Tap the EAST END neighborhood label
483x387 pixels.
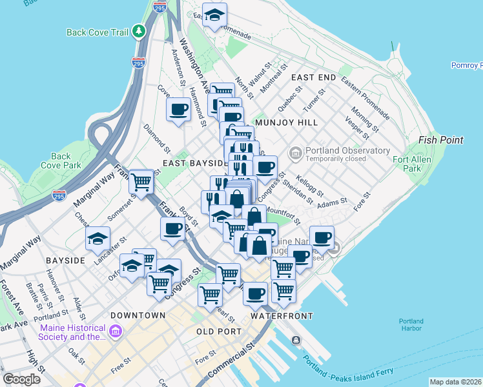pyautogui.click(x=313, y=77)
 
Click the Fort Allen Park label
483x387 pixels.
pyautogui.click(x=407, y=164)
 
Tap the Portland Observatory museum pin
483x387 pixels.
pyautogui.click(x=296, y=153)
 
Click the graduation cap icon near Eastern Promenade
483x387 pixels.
pyautogui.click(x=214, y=15)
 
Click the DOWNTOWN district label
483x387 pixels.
pyautogui.click(x=138, y=315)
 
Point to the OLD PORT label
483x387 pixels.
pyautogui.click(x=218, y=331)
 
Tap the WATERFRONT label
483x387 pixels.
pyautogui.click(x=282, y=316)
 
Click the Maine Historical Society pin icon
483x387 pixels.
pyautogui.click(x=116, y=332)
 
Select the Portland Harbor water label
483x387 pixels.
pyautogui.click(x=411, y=325)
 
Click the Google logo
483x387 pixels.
pyautogui.click(x=21, y=379)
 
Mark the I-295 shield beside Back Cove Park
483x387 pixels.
pyautogui.click(x=59, y=195)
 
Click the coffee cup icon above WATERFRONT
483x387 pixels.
pyautogui.click(x=255, y=293)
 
